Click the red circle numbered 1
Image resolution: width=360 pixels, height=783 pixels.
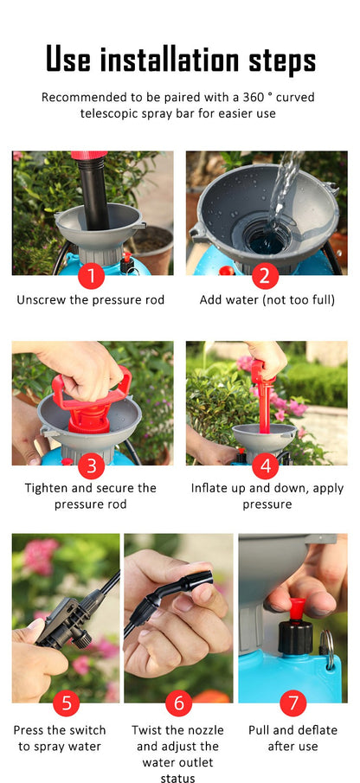coord(92,276)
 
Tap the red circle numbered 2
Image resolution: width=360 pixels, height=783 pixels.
coord(266,276)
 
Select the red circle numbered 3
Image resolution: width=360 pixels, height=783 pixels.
coord(92,466)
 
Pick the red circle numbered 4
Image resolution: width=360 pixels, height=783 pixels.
coord(266,466)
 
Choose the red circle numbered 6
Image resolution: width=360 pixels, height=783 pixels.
coord(178,703)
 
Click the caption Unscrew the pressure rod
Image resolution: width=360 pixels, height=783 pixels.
coord(90,300)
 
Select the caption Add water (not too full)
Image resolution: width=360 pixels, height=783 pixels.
coord(267,300)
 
